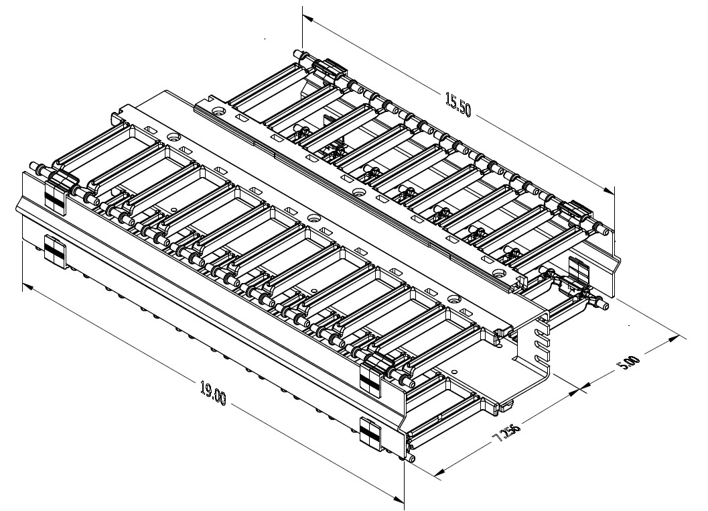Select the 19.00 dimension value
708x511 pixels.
point(214,393)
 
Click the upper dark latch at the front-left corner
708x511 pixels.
point(54,195)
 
